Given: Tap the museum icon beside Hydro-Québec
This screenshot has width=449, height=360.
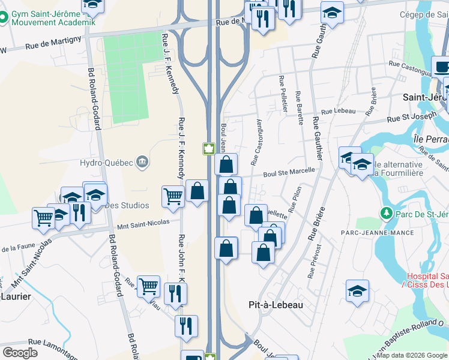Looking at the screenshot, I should (x=142, y=161).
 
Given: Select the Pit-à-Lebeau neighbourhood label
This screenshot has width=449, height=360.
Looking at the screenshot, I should (x=276, y=305).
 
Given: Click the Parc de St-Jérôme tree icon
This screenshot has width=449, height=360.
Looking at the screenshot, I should (x=385, y=214).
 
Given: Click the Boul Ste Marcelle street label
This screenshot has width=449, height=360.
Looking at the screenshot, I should (x=290, y=173).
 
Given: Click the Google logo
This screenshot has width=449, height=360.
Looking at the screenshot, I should (x=20, y=352).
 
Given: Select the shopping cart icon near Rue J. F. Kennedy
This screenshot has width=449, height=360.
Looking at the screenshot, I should (x=173, y=196).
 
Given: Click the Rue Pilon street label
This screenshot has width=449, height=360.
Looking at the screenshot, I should (x=295, y=199).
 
